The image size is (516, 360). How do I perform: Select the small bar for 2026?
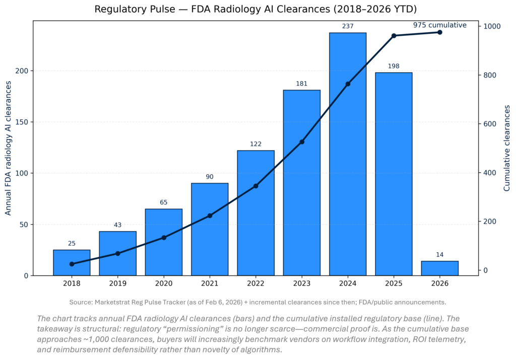[x=439, y=268]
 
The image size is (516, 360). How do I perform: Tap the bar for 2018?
[x=72, y=262]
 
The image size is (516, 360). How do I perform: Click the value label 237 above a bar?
[x=348, y=26]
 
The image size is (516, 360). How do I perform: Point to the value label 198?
[x=394, y=66]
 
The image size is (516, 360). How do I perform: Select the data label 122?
[x=255, y=144]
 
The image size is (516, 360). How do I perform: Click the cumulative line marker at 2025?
[x=394, y=36]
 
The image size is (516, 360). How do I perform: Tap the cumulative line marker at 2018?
[x=72, y=264]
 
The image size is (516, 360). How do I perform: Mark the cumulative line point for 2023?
[x=302, y=142]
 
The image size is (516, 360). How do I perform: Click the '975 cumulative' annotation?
[x=439, y=25]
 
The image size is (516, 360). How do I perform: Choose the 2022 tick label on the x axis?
[x=255, y=283]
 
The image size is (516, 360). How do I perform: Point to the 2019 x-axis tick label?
[x=117, y=283]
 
